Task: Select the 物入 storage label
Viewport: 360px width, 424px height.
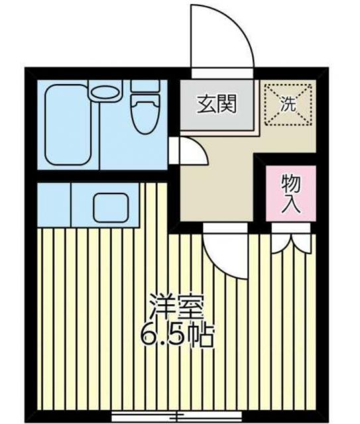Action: tap(291, 192)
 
